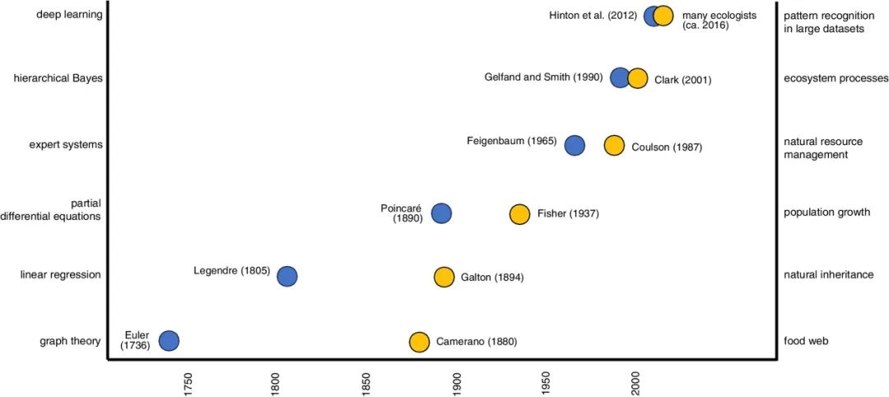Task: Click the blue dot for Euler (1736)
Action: coord(169,341)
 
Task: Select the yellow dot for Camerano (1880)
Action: coord(419,342)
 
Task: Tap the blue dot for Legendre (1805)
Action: coord(286,276)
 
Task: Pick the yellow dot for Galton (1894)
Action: coord(444,277)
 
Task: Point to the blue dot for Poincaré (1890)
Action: coord(441,213)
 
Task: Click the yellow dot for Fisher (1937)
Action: coord(519,214)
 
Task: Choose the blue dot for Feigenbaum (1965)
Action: coord(575,146)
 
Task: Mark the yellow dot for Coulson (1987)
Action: coord(614,146)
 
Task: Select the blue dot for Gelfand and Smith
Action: coord(620,78)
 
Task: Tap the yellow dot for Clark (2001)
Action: coord(637,79)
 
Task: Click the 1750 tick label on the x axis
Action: coord(189,384)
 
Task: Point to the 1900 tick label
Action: coord(457,384)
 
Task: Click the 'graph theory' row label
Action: coord(70,341)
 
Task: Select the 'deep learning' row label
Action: coord(69,14)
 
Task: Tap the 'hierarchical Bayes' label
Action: coord(58,78)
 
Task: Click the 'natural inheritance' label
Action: coord(829,274)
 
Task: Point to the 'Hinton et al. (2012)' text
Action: coord(593,15)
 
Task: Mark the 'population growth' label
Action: coord(827,212)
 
